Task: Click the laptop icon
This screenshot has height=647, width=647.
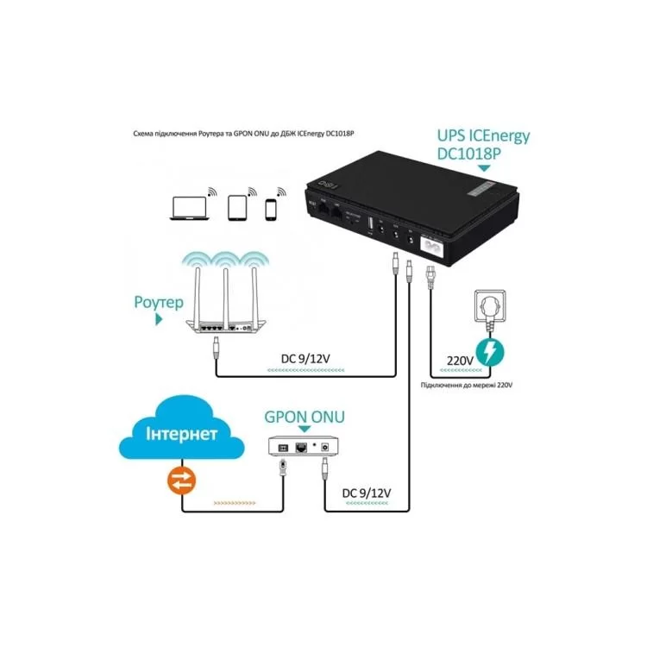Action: (x=189, y=207)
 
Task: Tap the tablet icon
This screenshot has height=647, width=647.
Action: (x=238, y=207)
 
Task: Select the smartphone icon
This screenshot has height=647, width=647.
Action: (x=272, y=209)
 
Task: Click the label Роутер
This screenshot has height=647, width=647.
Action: (x=158, y=303)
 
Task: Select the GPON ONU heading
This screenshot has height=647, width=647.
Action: (x=305, y=418)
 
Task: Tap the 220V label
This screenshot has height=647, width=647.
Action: (x=461, y=361)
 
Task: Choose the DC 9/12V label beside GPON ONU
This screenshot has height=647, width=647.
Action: (x=367, y=492)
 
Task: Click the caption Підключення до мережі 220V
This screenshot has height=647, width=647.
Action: (x=467, y=386)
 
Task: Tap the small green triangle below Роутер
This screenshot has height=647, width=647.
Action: (x=158, y=319)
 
